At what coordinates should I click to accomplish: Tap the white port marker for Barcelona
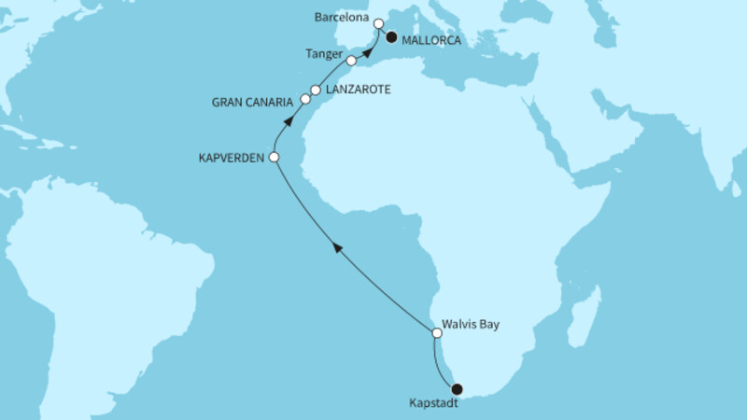(378, 24)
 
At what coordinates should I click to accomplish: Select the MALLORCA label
(432, 38)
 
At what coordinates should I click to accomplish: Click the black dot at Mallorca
(391, 38)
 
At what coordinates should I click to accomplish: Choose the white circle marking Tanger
(351, 61)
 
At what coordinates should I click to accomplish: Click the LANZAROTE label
(358, 90)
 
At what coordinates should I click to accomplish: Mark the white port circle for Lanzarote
(316, 91)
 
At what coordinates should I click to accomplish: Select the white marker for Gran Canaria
(304, 98)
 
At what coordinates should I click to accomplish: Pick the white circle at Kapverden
(274, 159)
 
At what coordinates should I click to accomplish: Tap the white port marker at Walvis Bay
(436, 332)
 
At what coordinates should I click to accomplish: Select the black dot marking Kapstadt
(457, 389)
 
